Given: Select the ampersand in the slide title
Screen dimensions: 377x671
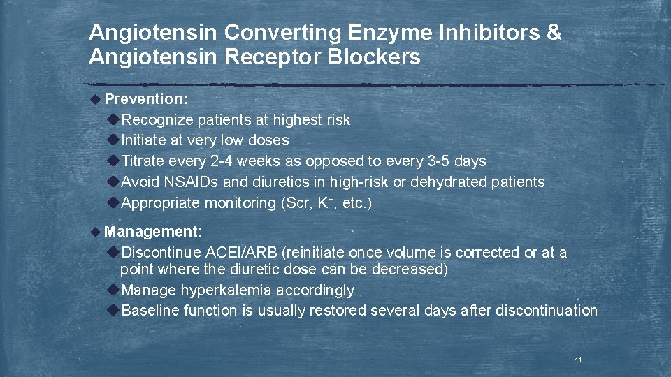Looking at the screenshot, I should (x=554, y=33).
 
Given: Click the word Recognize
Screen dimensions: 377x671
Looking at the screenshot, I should (x=157, y=119).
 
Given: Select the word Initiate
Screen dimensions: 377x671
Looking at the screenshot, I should (x=143, y=140).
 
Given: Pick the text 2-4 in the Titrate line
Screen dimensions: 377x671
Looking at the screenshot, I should (x=222, y=161).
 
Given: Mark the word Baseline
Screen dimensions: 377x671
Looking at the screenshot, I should (x=150, y=311).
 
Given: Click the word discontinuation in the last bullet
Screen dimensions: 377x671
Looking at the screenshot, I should (x=546, y=311).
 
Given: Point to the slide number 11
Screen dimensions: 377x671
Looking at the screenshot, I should (x=578, y=360).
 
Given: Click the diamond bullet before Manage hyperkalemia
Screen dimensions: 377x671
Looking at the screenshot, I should (x=114, y=290).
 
